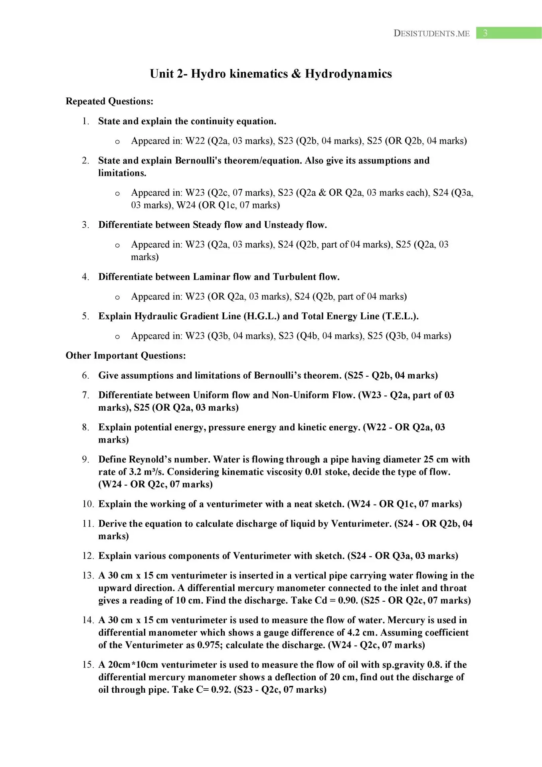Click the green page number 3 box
508,33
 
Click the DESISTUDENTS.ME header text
431,34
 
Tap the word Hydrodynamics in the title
348,74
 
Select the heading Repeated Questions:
109,101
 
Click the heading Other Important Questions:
126,356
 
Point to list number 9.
86,459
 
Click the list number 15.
88,665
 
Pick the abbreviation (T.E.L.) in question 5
400,316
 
